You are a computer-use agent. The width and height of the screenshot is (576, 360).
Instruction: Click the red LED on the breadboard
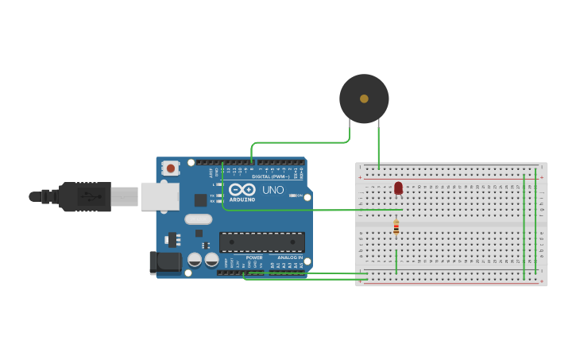[398, 188]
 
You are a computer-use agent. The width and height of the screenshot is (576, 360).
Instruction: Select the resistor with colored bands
[396, 228]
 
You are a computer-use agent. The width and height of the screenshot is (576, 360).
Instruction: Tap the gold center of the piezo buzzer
[364, 99]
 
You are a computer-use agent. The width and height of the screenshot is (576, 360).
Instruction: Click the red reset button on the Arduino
[170, 168]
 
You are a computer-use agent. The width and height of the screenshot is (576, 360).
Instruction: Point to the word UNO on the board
[273, 190]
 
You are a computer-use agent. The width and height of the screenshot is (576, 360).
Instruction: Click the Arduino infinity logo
[242, 190]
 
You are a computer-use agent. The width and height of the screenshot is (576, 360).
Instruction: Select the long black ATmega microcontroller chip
[261, 242]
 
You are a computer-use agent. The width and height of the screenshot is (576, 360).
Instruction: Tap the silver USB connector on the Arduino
[159, 196]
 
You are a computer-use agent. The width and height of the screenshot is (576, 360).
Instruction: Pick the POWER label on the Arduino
[254, 257]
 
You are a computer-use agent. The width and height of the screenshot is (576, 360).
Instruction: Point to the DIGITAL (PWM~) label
[271, 176]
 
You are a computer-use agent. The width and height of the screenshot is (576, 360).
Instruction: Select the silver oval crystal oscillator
[199, 219]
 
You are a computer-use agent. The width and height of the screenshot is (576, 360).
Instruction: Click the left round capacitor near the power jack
[195, 259]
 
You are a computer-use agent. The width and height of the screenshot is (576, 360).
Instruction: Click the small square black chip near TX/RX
[201, 200]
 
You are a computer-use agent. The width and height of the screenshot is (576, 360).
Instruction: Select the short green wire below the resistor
[396, 261]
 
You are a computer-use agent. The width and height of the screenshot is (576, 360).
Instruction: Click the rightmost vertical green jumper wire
[536, 223]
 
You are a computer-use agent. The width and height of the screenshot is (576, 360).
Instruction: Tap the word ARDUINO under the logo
[242, 199]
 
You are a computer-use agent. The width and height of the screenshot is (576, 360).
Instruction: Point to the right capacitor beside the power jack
[211, 259]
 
